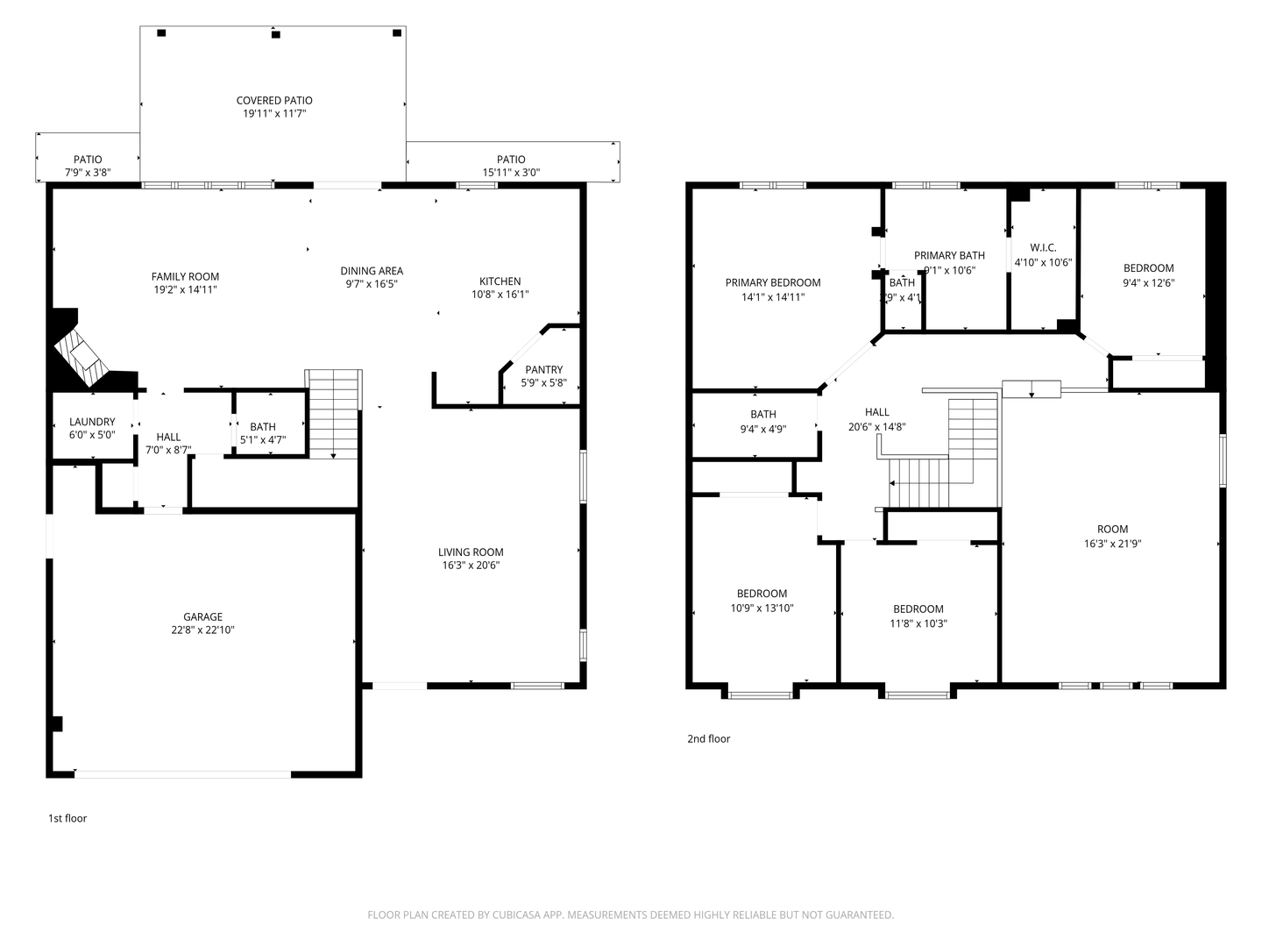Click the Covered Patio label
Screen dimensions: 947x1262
pyautogui.click(x=274, y=101)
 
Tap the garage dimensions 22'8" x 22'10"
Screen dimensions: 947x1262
pyautogui.click(x=202, y=630)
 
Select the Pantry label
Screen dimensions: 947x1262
pyautogui.click(x=544, y=370)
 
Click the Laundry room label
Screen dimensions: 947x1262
pyautogui.click(x=92, y=422)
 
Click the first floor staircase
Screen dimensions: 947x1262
pyautogui.click(x=333, y=414)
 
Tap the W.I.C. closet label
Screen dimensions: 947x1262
pyautogui.click(x=1043, y=248)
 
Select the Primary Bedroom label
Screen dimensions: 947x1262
pyautogui.click(x=773, y=283)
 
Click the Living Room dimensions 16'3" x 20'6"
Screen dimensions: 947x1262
pyautogui.click(x=471, y=566)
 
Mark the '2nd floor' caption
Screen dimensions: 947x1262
pyautogui.click(x=708, y=739)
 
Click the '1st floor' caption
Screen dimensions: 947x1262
pyautogui.click(x=67, y=819)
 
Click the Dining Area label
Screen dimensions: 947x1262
pyautogui.click(x=372, y=271)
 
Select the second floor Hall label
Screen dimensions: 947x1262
pyautogui.click(x=876, y=412)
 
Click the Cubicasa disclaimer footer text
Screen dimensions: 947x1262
pyautogui.click(x=630, y=915)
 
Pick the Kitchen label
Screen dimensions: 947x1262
pyautogui.click(x=500, y=281)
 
